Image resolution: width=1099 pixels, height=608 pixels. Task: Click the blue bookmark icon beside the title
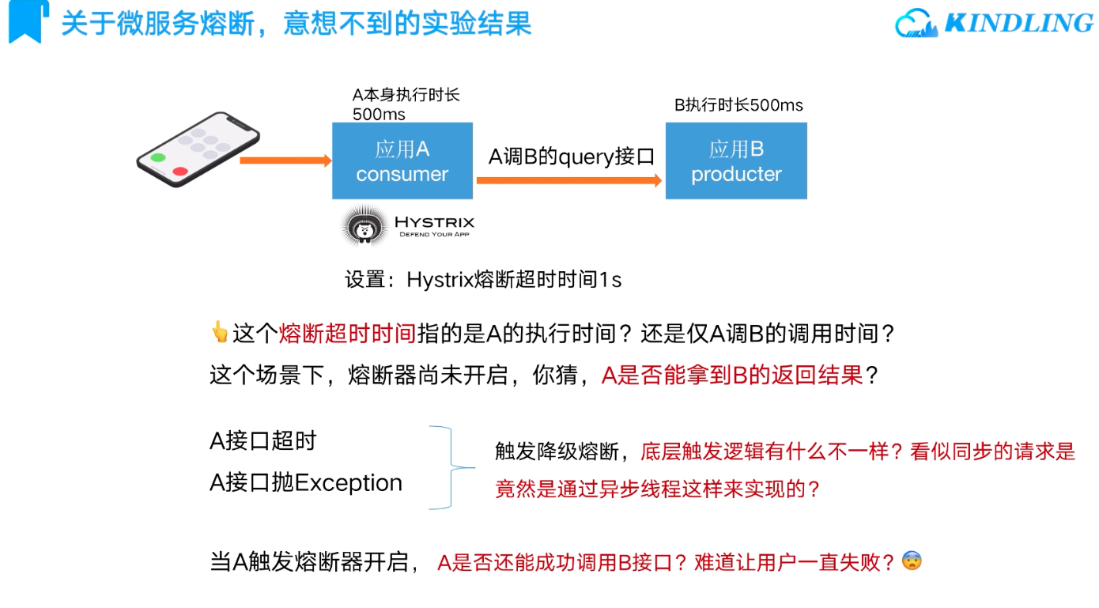(25, 21)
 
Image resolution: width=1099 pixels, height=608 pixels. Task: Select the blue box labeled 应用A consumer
(402, 160)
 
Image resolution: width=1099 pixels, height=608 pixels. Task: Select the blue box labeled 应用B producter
(736, 160)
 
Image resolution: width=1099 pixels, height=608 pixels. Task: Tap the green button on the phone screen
(158, 157)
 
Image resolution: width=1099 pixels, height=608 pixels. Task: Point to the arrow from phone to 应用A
(285, 160)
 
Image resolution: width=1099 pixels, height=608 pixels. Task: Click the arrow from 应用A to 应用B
(568, 180)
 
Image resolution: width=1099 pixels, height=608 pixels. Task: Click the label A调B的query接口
(572, 157)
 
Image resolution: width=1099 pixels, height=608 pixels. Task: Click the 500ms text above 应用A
(379, 114)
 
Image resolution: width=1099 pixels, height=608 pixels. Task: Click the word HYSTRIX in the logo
(434, 222)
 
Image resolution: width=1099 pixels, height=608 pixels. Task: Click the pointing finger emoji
(219, 332)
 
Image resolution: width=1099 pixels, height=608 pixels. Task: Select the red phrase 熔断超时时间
(347, 334)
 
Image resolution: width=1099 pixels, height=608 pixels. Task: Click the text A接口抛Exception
(306, 483)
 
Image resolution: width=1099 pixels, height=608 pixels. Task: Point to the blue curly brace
(452, 467)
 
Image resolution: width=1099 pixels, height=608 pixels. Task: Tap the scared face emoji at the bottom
(912, 561)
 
